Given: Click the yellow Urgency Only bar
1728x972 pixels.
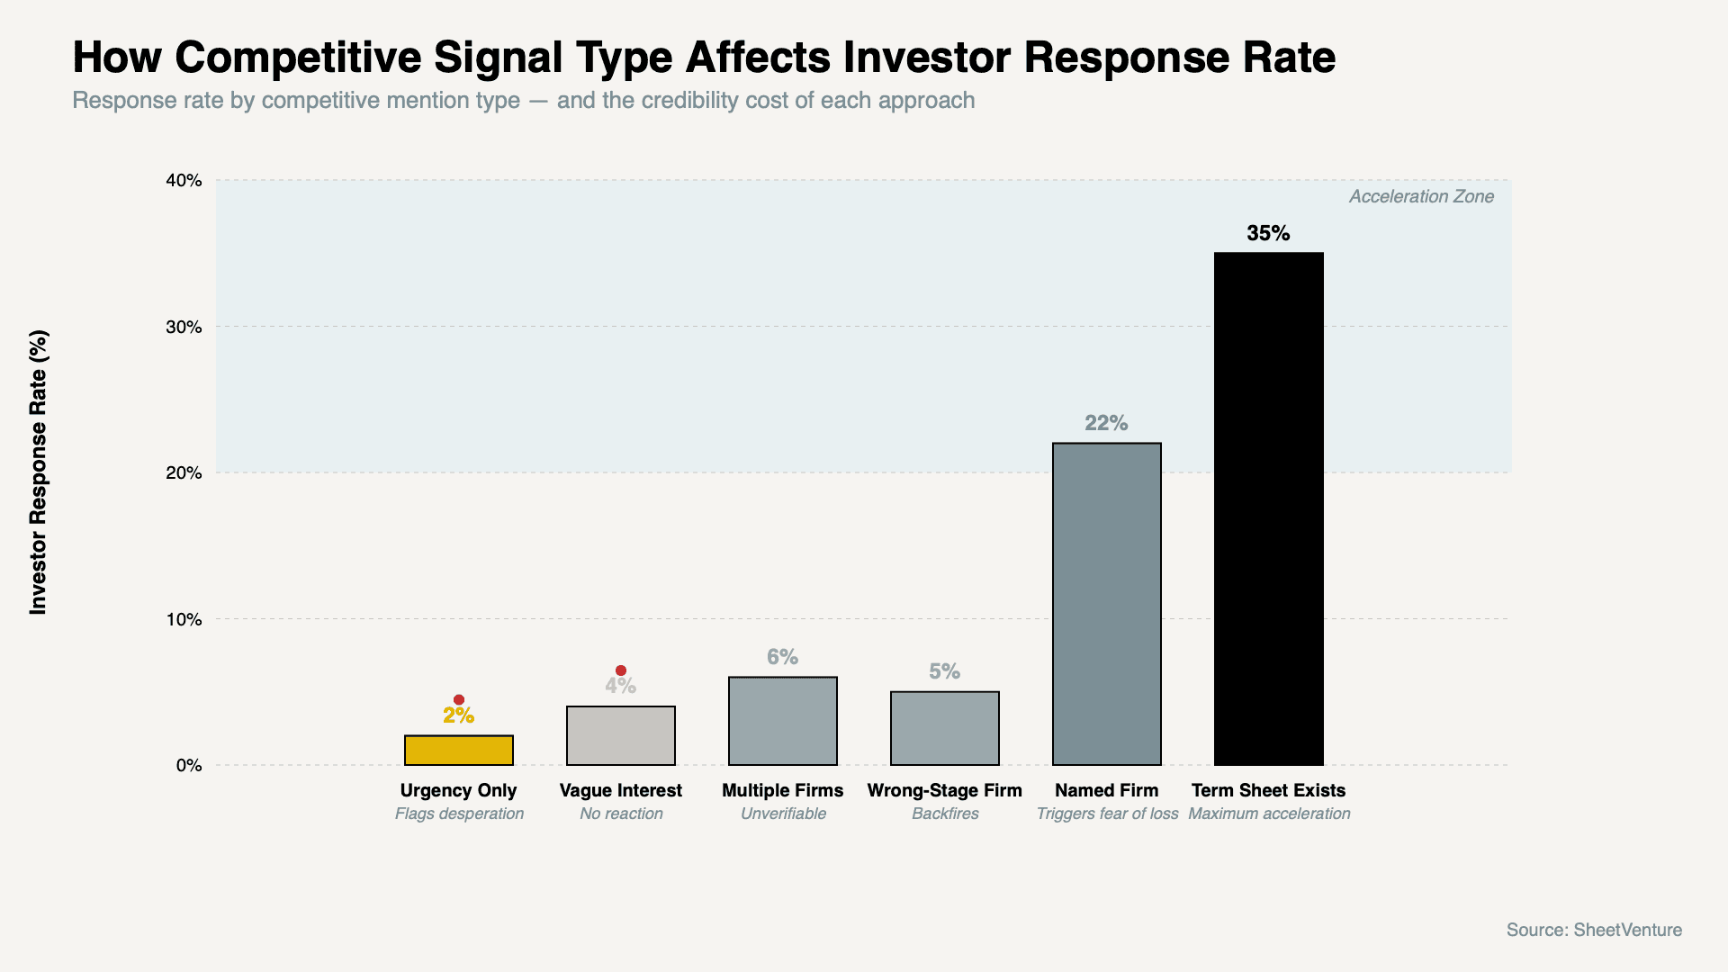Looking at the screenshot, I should (458, 750).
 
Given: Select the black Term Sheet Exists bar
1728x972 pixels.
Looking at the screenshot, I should (1268, 508).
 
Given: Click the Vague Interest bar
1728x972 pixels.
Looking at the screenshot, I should (620, 735).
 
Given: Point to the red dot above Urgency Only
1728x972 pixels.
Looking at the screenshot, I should (458, 699).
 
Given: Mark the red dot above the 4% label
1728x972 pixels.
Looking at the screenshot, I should (620, 670).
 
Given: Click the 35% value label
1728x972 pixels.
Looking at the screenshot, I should (1268, 233).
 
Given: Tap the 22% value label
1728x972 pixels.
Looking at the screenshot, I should (1106, 423).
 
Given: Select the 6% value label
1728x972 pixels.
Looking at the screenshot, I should (782, 657).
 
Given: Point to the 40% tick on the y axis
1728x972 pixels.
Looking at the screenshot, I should (184, 180).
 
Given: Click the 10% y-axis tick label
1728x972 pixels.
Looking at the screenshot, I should (184, 619).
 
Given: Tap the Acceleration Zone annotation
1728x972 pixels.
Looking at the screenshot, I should (1420, 196).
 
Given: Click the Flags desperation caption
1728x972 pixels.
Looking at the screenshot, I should (459, 814).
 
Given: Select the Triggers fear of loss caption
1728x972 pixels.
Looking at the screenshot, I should (1107, 814).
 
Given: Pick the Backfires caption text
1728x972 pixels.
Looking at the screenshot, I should (944, 814).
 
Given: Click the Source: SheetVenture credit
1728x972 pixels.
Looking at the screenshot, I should (1594, 930).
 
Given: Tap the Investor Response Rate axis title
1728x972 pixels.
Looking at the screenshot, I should (38, 472).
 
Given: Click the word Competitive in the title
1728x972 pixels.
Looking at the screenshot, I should (298, 58).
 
